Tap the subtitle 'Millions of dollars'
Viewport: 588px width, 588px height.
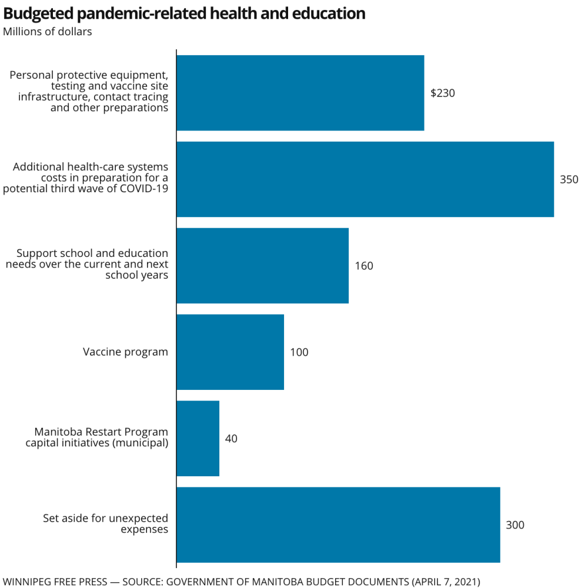48,32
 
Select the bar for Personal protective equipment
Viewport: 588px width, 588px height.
300,93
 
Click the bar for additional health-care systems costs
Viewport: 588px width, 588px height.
365,179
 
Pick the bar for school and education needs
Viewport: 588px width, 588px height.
262,266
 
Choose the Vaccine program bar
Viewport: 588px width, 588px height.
230,352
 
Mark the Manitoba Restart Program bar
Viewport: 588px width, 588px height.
198,439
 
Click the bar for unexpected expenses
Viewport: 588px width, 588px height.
338,525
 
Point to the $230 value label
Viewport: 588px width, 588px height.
443,93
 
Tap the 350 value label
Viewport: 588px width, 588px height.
569,179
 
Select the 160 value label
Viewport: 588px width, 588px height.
364,266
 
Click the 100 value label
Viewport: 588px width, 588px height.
299,352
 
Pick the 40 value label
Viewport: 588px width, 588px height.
231,439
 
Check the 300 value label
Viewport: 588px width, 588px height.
515,525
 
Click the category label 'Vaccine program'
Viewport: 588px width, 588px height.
125,352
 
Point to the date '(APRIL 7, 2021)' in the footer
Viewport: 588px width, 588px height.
446,582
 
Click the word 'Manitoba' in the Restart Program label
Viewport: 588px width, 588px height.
58,432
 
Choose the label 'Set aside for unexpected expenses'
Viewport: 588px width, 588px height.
106,524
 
